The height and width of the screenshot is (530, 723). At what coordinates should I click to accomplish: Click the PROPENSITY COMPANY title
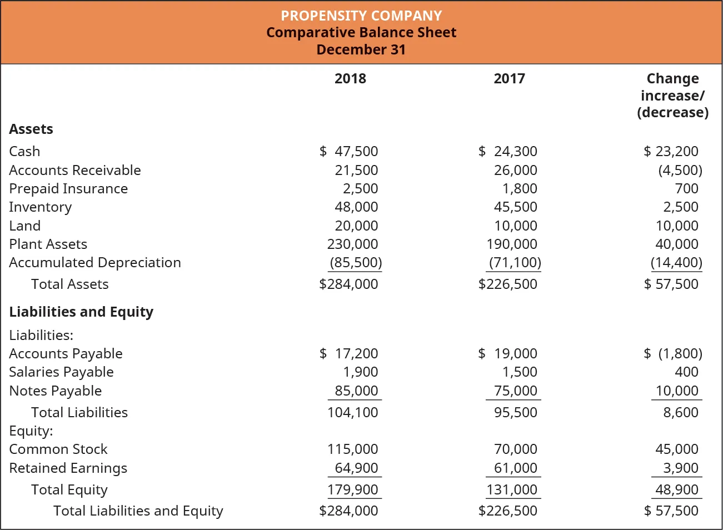(361, 16)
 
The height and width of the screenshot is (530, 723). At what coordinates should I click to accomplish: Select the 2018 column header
(350, 78)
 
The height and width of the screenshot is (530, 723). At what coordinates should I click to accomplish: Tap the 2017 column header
(509, 78)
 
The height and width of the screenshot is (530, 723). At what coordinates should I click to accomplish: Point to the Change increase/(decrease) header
(672, 96)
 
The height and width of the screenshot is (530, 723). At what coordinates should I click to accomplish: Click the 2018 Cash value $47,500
(349, 151)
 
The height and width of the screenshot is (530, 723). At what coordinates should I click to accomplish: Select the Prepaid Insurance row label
(68, 188)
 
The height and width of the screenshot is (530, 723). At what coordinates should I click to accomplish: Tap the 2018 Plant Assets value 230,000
(352, 244)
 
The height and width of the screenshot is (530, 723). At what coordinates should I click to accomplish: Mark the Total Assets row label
(70, 284)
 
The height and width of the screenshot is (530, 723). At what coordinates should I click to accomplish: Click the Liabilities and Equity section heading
(81, 312)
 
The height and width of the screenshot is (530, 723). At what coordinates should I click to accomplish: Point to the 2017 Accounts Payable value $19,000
(508, 353)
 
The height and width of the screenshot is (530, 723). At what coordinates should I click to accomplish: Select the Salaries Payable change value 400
(686, 372)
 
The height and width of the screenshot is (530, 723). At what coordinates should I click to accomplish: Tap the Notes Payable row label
(56, 391)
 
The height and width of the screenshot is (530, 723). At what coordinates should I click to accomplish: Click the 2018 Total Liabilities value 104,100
(352, 412)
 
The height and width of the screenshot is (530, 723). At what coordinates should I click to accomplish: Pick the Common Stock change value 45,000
(676, 449)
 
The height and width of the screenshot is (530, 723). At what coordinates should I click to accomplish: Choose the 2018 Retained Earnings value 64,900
(356, 468)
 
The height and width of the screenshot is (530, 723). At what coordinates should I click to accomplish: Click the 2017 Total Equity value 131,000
(515, 489)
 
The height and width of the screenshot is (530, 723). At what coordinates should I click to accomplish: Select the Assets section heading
(31, 129)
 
